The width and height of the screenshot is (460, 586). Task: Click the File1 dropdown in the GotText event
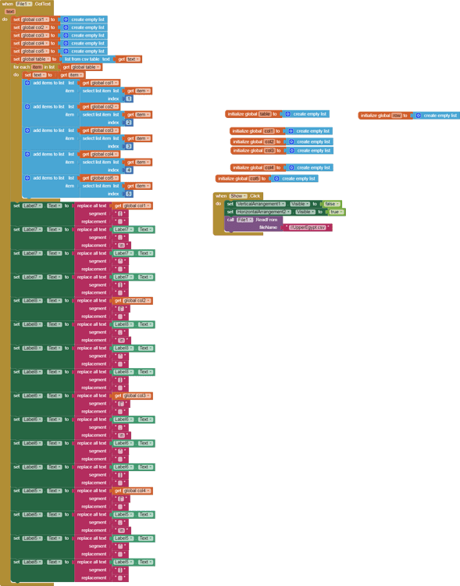(23, 4)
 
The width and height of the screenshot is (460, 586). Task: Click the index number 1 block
(129, 98)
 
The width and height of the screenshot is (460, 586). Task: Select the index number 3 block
(129, 146)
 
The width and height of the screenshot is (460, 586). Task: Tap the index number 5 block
(129, 194)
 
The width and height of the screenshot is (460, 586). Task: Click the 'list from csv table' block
(87, 59)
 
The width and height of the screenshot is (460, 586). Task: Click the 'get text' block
(130, 59)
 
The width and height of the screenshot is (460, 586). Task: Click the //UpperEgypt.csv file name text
(308, 227)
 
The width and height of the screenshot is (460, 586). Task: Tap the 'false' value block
(330, 204)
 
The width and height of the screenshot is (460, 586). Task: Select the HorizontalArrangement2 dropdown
(264, 212)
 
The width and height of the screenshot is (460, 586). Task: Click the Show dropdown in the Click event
(237, 196)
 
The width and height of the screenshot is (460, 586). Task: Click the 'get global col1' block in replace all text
(132, 205)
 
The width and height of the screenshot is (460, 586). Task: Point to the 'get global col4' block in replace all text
(132, 491)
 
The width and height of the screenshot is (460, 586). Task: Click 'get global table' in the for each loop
(81, 67)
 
